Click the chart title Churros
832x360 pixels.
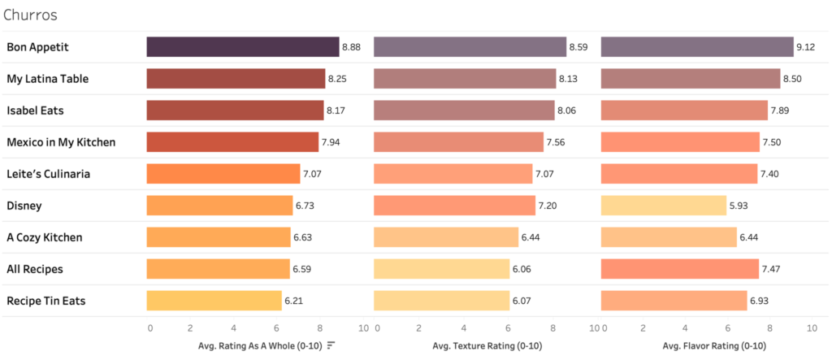[29, 15]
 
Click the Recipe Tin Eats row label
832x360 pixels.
[45, 301]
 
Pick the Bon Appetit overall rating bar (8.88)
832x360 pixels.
[242, 47]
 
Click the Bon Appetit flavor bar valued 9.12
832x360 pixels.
[696, 47]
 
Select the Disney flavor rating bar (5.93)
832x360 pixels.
[663, 206]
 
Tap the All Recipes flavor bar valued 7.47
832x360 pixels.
[679, 269]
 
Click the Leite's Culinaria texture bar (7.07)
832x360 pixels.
[453, 174]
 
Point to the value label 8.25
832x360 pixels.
[337, 79]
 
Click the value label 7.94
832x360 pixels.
[331, 142]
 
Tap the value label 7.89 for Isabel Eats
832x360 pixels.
[781, 111]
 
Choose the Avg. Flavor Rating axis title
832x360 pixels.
[706, 345]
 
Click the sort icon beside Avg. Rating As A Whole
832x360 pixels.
[331, 345]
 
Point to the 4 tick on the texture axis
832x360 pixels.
[464, 327]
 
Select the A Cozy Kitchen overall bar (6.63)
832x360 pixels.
[218, 237]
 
